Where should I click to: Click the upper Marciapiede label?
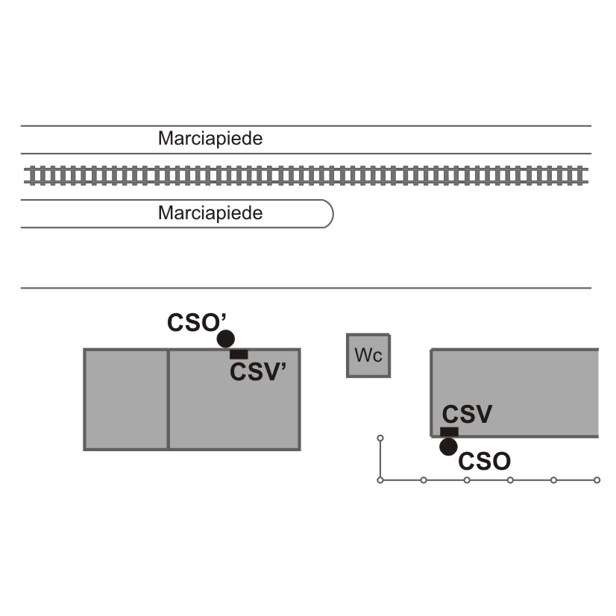(x=210, y=138)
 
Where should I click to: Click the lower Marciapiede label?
(x=210, y=213)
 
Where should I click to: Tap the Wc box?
(x=368, y=356)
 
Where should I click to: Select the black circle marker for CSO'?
(x=226, y=339)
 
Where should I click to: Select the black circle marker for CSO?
(x=448, y=447)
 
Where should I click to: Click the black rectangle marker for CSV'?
(x=239, y=354)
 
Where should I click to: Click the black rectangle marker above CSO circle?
(x=449, y=432)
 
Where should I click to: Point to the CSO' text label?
(x=197, y=322)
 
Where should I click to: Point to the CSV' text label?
(x=258, y=371)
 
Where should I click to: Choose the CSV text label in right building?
(x=467, y=414)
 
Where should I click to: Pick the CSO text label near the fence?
(x=485, y=461)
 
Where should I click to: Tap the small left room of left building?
(x=126, y=399)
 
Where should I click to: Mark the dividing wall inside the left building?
(x=168, y=399)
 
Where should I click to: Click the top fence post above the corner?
(x=380, y=438)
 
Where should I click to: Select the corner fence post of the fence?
(x=380, y=480)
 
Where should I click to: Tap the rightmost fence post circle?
(x=597, y=480)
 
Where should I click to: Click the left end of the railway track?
(x=25, y=175)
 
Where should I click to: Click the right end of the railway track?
(x=588, y=175)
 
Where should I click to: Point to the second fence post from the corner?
(x=424, y=480)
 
